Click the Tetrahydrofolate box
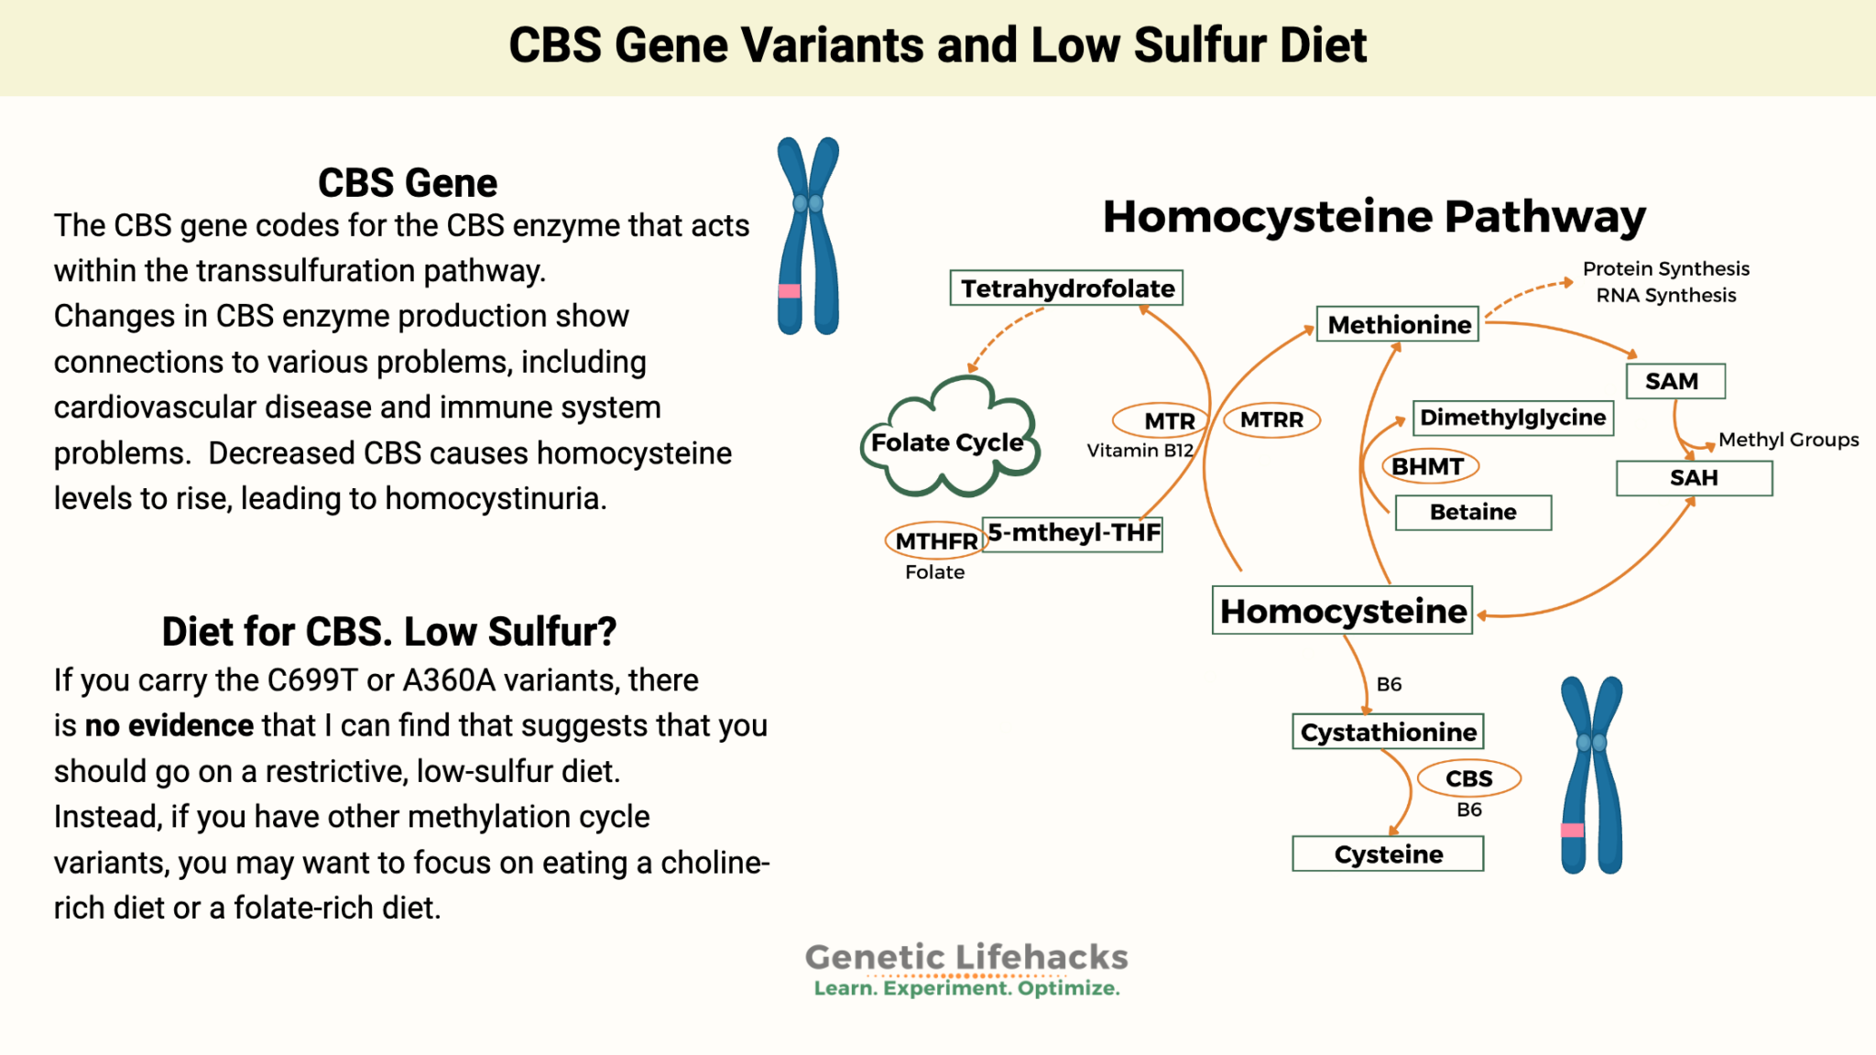point(1066,288)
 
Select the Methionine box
point(1398,324)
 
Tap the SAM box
point(1674,381)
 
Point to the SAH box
point(1693,478)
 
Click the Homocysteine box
point(1342,611)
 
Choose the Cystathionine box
point(1387,732)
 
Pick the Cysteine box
point(1387,854)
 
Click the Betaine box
point(1472,512)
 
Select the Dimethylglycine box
point(1512,418)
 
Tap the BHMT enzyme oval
point(1427,466)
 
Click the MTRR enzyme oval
point(1271,419)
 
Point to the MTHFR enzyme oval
point(935,541)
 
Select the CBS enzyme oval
point(1468,778)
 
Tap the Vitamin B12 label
point(1140,451)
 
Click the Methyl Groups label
point(1787,440)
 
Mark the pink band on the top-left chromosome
point(789,291)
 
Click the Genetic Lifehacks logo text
point(966,958)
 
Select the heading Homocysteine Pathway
point(1373,217)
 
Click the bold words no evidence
point(169,725)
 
